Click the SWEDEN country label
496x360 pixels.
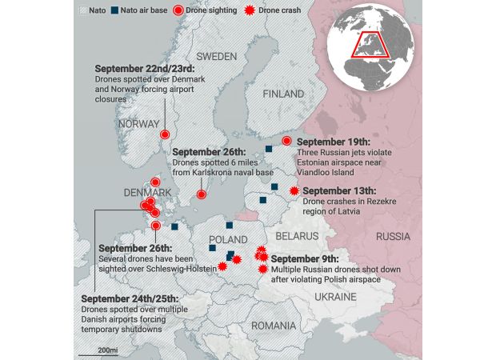pos(216,57)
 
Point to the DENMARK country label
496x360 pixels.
pos(147,193)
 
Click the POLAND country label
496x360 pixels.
pos(228,240)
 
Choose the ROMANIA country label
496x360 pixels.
pos(273,326)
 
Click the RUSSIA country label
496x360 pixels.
pos(393,237)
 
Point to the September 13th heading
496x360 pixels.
pos(339,190)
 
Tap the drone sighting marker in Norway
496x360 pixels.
pos(166,134)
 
